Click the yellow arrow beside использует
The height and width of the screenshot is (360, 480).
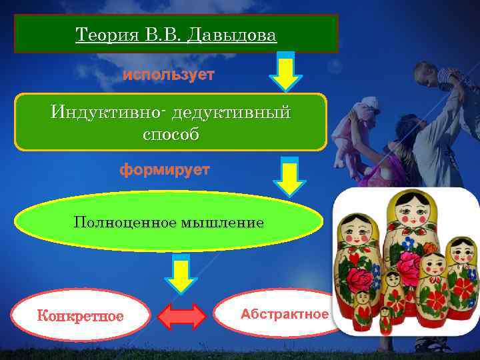[x=286, y=73]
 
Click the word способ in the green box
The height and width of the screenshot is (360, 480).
[x=171, y=134]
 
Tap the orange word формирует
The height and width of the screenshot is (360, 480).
[x=165, y=170]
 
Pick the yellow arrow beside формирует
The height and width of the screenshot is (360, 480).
[x=289, y=179]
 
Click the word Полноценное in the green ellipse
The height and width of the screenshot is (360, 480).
[x=125, y=222]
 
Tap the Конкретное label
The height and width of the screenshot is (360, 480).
[x=81, y=315]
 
